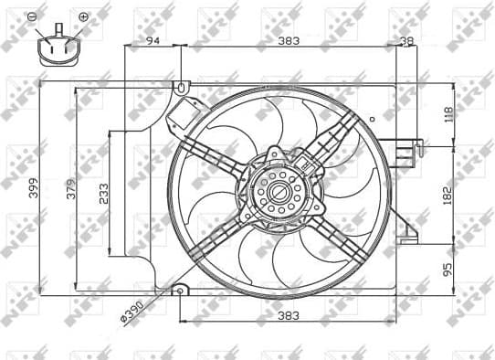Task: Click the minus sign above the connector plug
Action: [x=33, y=16]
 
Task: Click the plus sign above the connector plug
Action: [x=83, y=16]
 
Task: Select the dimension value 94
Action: [x=153, y=40]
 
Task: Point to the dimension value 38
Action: [x=406, y=40]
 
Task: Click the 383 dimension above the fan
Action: [x=289, y=40]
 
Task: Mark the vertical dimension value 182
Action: [x=448, y=194]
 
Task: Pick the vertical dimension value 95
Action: [x=448, y=270]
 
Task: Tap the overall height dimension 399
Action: [x=34, y=189]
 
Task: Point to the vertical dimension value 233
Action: [x=102, y=193]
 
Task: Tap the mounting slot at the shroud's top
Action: [x=181, y=89]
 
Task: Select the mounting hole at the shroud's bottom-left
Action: [x=180, y=292]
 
